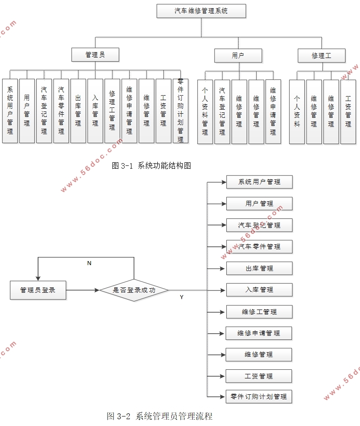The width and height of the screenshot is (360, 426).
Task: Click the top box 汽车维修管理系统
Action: point(201,11)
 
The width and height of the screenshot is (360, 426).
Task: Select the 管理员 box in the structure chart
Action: point(95,55)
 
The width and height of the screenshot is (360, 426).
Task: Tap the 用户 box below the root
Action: point(238,55)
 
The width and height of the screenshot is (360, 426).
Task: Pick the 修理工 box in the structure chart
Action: point(321,55)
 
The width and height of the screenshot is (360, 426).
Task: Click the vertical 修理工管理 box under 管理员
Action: point(112,111)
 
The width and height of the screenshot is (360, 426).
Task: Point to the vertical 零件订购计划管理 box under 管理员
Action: point(180,111)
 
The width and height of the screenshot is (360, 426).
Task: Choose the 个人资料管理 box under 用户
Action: point(205,112)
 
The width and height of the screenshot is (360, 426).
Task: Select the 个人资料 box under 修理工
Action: point(297,112)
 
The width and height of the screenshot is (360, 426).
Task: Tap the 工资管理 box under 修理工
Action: point(348,112)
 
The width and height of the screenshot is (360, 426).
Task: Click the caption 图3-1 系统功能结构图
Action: point(151,166)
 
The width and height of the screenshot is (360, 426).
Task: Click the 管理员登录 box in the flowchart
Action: point(38,290)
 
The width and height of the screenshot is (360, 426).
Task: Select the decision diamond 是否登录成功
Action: point(134,290)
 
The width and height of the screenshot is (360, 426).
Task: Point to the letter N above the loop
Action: point(89,263)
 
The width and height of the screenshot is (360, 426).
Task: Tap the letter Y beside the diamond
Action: point(182,297)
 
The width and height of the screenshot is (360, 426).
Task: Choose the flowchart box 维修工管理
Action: point(259,312)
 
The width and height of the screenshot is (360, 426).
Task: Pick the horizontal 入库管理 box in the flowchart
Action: point(259,290)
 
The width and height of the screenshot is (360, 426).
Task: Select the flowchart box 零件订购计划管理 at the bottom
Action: point(259,397)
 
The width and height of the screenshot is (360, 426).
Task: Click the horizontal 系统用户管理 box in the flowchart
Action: point(259,182)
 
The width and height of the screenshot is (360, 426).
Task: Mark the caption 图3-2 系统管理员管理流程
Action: point(160,416)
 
